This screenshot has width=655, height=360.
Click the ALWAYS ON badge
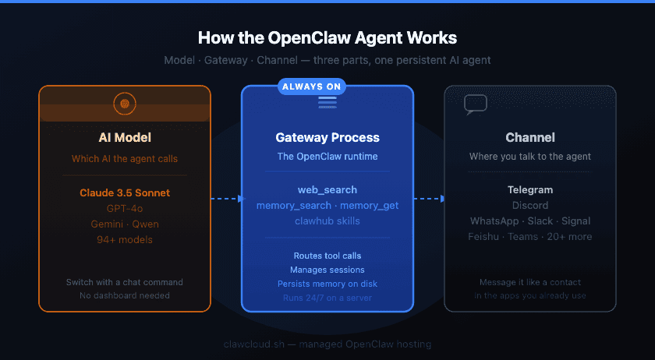coord(312,86)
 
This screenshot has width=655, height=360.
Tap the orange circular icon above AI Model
coord(125,103)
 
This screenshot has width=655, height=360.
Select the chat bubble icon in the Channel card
coord(475,104)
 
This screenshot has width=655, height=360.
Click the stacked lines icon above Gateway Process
coord(327,103)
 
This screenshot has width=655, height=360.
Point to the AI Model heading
coord(125,138)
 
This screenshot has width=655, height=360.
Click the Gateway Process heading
coord(327,138)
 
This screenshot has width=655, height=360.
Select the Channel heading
coord(530,138)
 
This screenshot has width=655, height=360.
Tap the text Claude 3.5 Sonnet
coord(125,192)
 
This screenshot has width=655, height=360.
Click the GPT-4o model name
coord(125,208)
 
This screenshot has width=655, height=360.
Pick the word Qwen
coord(145,224)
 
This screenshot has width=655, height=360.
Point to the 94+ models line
coord(125,239)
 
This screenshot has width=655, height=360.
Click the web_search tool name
coord(327,190)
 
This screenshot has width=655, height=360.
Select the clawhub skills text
coord(327,221)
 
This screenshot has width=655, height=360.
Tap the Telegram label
coord(530,190)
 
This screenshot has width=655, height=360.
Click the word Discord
coord(530,206)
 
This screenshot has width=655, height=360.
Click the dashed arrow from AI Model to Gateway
coord(225,199)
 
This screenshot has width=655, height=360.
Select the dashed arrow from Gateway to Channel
coord(428,199)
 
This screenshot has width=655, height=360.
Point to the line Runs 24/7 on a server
coord(327,298)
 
